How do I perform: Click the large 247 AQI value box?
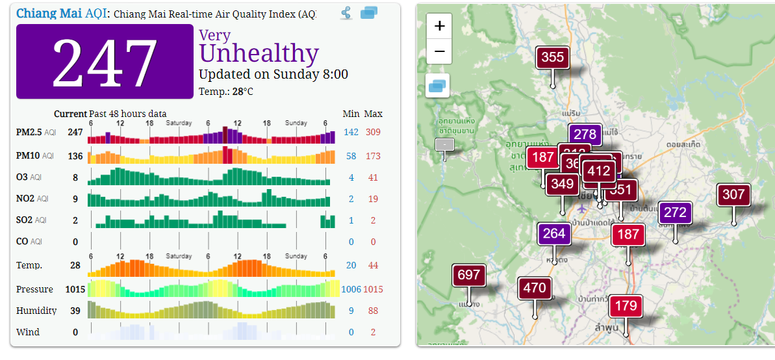[x=105, y=62]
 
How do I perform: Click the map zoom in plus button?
[x=439, y=27]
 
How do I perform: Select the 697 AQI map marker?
[x=468, y=276]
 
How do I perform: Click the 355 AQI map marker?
[x=552, y=58]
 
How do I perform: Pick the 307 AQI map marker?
[x=733, y=194]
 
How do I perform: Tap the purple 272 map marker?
[x=675, y=212]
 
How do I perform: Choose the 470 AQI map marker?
[x=535, y=287]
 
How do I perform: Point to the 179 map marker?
[x=626, y=305]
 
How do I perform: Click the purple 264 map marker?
[x=553, y=233]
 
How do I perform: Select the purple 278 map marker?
[x=585, y=135]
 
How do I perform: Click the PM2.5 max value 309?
[x=372, y=133]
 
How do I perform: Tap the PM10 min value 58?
[x=351, y=156]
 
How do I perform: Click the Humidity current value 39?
[x=75, y=311]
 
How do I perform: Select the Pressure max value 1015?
[x=372, y=289]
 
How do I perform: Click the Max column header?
[x=373, y=114]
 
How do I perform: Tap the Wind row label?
[x=28, y=332]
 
